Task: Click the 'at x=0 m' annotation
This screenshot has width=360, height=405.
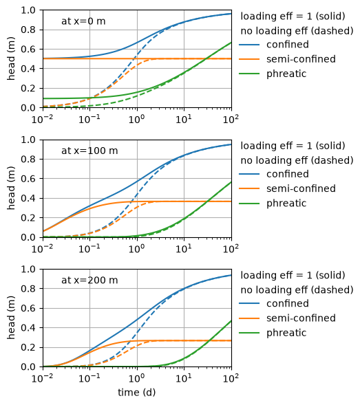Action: (83, 21)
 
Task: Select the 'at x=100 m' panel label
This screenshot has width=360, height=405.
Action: (89, 151)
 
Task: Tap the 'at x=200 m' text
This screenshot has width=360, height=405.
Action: (89, 281)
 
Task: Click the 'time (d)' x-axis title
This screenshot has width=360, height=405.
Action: (137, 393)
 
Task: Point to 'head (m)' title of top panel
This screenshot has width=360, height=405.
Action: (11, 58)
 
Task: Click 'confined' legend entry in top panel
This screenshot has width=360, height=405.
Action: (288, 45)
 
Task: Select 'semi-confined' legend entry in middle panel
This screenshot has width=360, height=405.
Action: (301, 188)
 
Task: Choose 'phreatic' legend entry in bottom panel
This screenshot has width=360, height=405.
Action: (286, 333)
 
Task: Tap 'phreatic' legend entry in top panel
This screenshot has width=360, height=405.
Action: (286, 74)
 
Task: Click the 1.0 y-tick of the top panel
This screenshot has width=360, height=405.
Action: (28, 10)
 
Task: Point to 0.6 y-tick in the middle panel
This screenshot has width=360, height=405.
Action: (28, 179)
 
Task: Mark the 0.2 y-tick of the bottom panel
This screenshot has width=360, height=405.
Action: (28, 347)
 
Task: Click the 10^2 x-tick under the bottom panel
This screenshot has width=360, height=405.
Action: (231, 378)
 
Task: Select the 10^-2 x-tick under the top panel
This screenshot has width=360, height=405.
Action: (43, 119)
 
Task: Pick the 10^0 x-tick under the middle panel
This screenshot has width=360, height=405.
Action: (136, 249)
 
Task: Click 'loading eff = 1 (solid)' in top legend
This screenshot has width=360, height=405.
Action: (293, 16)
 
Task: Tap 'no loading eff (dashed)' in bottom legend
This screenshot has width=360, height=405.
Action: (297, 289)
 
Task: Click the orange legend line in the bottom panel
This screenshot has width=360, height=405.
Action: (249, 318)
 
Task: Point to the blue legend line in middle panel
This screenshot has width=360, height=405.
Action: (249, 174)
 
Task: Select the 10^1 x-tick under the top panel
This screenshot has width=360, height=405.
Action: (184, 119)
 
